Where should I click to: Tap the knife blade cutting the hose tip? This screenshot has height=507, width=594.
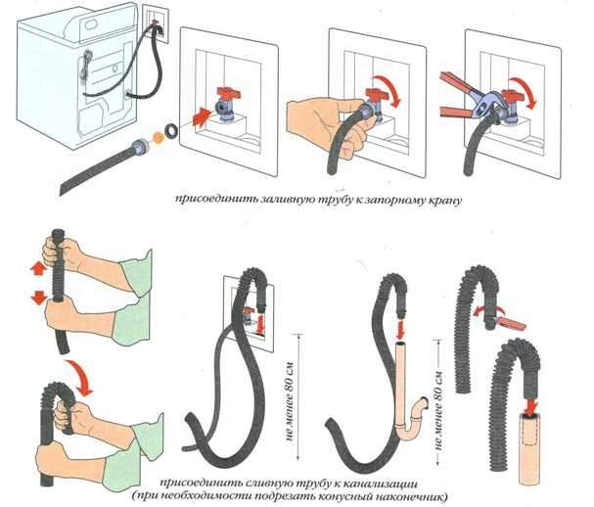coord(513,317)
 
